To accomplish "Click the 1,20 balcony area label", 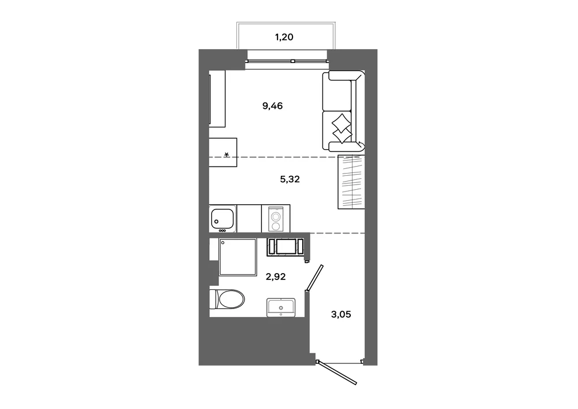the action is [x=284, y=37].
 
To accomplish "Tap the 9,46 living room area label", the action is [x=272, y=106].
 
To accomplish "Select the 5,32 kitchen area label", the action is [x=290, y=179].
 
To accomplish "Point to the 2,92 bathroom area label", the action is [x=276, y=277].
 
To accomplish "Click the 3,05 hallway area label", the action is [x=341, y=315].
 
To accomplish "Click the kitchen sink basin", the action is [x=223, y=218].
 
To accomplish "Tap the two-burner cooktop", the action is [x=276, y=218].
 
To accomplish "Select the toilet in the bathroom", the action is [x=227, y=299].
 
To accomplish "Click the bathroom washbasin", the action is [x=281, y=308].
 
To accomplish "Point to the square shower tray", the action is [x=238, y=257].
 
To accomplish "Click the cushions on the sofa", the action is [x=342, y=128].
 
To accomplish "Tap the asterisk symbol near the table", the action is [x=227, y=154].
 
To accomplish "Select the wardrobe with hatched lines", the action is [x=351, y=182].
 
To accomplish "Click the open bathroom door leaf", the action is [x=315, y=277].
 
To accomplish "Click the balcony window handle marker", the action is [x=292, y=61].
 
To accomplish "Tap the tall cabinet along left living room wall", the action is [x=217, y=99].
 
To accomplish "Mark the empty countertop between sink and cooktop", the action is [x=249, y=218].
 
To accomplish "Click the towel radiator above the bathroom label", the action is [x=286, y=246].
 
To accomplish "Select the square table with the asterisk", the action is [x=223, y=152].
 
